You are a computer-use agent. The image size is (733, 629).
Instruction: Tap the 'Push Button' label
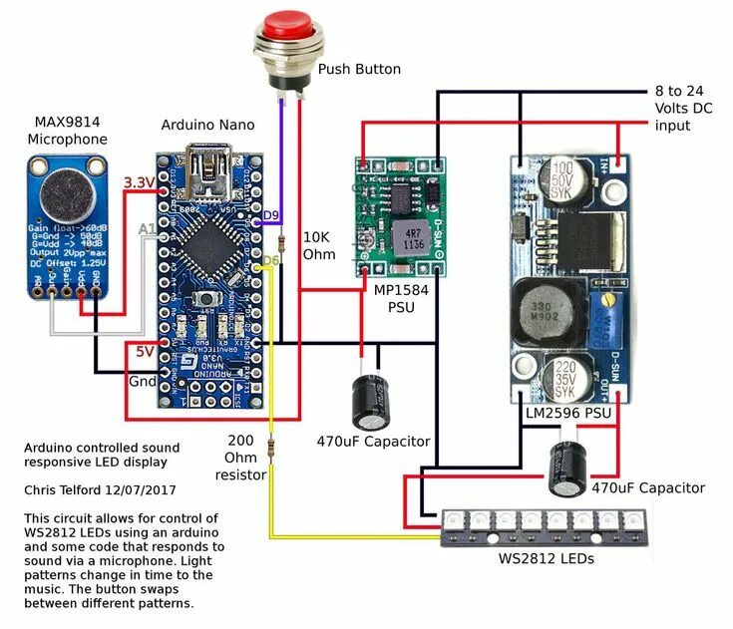pos(359,70)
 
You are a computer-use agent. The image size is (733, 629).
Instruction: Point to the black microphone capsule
pos(66,191)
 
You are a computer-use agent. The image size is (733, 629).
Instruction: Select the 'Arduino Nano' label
pos(207,125)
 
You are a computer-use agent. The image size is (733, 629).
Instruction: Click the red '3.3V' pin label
pos(137,182)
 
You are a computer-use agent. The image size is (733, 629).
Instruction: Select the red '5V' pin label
pos(145,350)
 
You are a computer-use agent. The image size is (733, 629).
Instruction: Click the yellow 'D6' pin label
pos(269,261)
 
